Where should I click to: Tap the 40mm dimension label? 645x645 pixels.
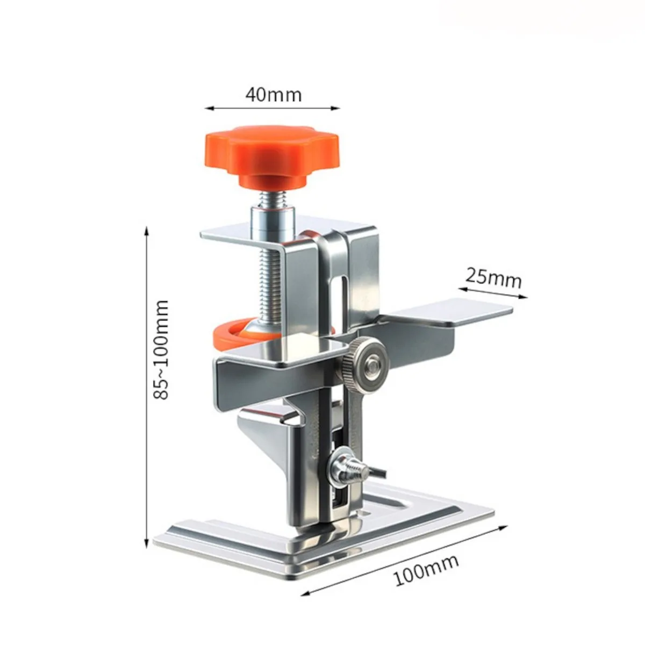(274, 95)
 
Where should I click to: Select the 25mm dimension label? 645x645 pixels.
(493, 277)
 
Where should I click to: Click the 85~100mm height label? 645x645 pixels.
(161, 349)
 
